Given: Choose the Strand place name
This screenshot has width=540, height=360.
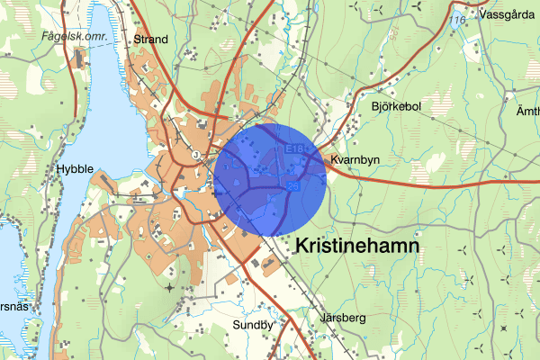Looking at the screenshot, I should pyautogui.click(x=150, y=40).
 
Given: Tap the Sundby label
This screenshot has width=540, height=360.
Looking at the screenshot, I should pyautogui.click(x=252, y=325).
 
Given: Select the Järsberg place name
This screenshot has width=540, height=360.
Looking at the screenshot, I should pyautogui.click(x=343, y=318).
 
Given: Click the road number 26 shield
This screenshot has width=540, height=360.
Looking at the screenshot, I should pyautogui.click(x=292, y=187).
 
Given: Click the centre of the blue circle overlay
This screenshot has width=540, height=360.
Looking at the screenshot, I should pyautogui.click(x=271, y=181).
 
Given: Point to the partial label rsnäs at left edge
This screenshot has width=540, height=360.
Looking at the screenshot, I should pyautogui.click(x=12, y=306).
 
